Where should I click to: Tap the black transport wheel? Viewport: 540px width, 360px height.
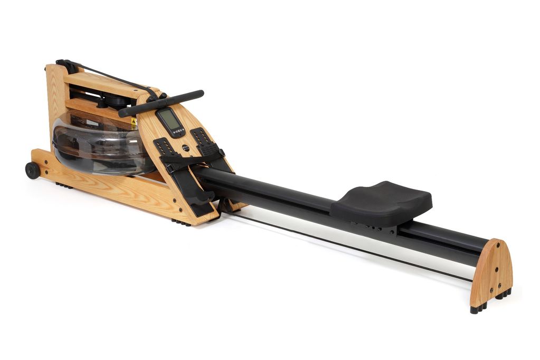coord(32,170)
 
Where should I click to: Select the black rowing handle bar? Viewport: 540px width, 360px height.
coord(161,103)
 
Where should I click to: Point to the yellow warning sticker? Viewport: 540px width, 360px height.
coord(134,124)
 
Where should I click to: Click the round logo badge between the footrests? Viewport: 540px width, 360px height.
coord(186,148)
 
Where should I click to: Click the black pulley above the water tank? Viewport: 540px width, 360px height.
coord(113,100)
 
